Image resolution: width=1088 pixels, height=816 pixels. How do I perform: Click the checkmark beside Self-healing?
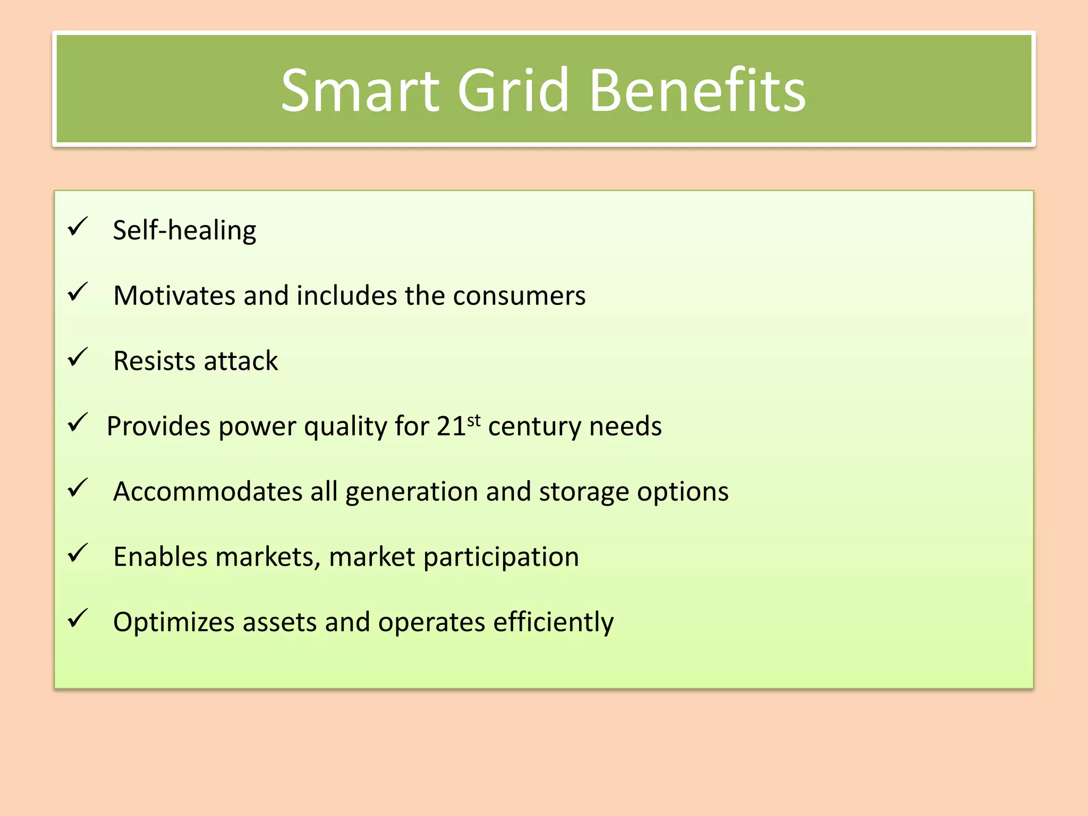click(x=78, y=227)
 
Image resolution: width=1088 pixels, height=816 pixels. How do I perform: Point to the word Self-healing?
click(x=184, y=231)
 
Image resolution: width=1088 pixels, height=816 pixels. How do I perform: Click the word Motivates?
click(x=174, y=295)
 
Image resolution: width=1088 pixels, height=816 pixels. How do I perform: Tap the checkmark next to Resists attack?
click(x=78, y=358)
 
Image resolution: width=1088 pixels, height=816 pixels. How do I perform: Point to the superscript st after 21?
click(x=474, y=420)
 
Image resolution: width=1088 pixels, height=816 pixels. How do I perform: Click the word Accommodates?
click(x=208, y=491)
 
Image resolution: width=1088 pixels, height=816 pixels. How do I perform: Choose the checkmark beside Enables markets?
click(x=78, y=554)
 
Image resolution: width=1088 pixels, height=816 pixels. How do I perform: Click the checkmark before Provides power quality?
click(x=78, y=423)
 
